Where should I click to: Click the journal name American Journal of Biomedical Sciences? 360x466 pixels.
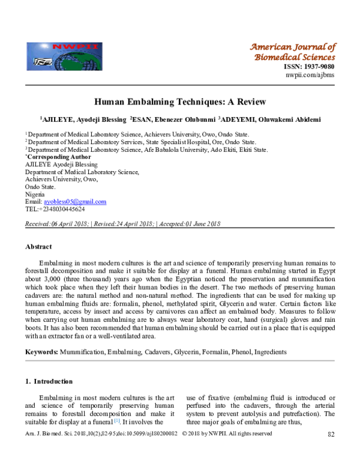292,52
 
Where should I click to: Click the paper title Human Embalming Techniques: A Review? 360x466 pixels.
179,102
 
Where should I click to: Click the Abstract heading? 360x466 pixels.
38,247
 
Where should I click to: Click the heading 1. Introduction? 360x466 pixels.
49,381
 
